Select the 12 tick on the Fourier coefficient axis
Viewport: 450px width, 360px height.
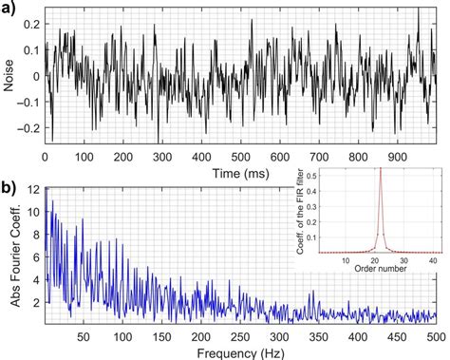(34, 190)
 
